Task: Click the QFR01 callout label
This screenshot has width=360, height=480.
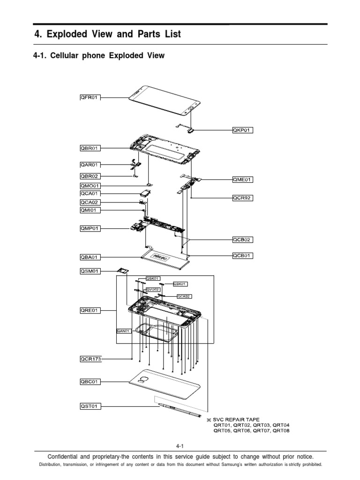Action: coord(89,97)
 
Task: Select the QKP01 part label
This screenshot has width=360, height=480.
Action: coord(243,130)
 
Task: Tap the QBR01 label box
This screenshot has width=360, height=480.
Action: coord(89,149)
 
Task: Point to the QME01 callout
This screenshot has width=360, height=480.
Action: coord(243,179)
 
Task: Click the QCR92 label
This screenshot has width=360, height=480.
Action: coord(243,198)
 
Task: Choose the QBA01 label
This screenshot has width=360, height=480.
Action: coord(89,257)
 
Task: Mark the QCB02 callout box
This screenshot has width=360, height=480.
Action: coord(243,240)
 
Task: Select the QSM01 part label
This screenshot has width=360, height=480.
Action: coord(89,271)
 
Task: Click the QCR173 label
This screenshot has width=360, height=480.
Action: coord(90,360)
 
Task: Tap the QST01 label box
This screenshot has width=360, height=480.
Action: coord(89,406)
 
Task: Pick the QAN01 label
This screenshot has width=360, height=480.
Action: coord(124,331)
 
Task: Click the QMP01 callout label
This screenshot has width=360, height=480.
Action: coord(89,228)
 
